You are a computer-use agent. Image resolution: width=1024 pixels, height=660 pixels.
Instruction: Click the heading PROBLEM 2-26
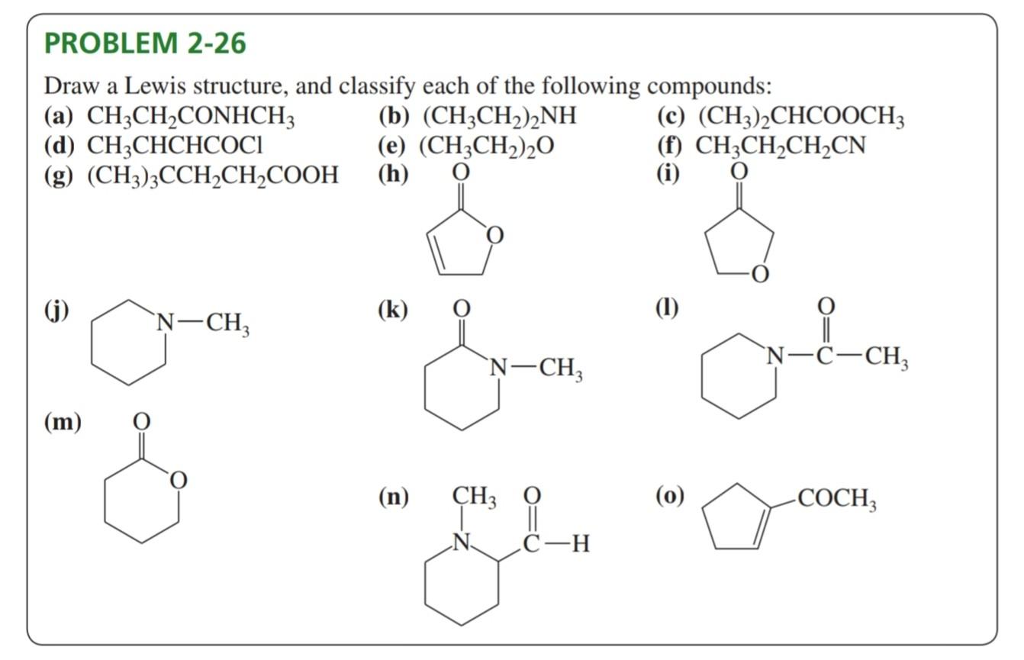[145, 43]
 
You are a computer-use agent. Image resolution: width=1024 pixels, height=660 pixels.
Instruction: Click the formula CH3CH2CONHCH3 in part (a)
[191, 118]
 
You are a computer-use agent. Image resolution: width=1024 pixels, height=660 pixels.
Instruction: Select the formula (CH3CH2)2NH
[500, 118]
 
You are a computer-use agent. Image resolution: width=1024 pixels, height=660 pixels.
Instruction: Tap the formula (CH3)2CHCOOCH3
[801, 118]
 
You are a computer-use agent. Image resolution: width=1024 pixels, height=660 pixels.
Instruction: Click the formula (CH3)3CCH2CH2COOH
[213, 175]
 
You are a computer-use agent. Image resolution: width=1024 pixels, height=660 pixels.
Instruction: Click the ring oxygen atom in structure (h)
[494, 237]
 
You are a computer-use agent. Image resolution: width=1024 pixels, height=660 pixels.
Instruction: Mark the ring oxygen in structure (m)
[178, 480]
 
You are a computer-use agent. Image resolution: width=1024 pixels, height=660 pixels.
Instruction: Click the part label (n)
[393, 498]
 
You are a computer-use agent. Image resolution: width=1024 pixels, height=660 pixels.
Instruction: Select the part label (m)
[63, 421]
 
